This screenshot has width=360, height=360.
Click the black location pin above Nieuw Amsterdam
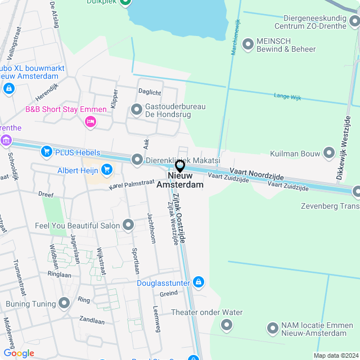pyautogui.click(x=180, y=166)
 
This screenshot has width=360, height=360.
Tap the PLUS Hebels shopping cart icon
pyautogui.click(x=46, y=152)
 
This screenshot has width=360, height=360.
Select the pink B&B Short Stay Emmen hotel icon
pyautogui.click(x=89, y=121)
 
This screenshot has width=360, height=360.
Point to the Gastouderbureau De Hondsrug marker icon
pyautogui.click(x=136, y=110)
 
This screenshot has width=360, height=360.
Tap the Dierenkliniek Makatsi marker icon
pyautogui.click(x=136, y=160)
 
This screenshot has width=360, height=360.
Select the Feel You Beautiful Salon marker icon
pyautogui.click(x=128, y=226)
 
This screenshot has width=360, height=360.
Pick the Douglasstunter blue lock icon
pyautogui.click(x=198, y=282)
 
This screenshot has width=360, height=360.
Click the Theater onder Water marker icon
pyautogui.click(x=227, y=324)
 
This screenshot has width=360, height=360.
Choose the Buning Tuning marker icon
pyautogui.click(x=64, y=304)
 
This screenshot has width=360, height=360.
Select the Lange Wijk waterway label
pyautogui.click(x=287, y=97)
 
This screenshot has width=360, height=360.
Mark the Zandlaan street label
pyautogui.click(x=92, y=321)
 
